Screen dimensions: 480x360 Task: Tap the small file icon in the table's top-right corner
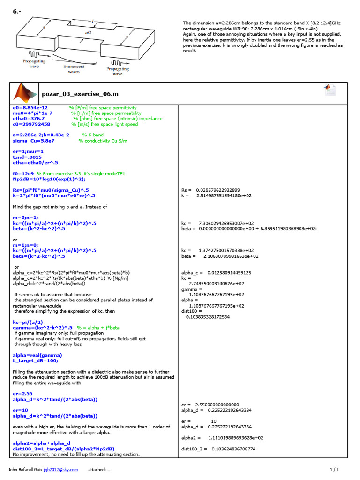pyautogui.click(x=330, y=90)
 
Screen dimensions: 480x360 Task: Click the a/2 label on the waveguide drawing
pyautogui.click(x=88, y=33)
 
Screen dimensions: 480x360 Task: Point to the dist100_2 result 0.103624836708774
pyautogui.click(x=230, y=449)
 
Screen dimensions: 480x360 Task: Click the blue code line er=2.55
pyautogui.click(x=22, y=394)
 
